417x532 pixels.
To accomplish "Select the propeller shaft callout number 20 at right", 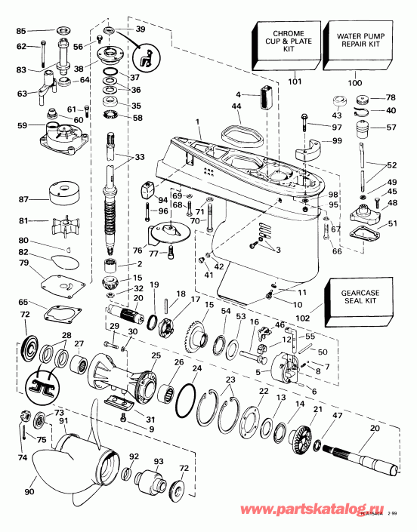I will pyautogui.click(x=375, y=428).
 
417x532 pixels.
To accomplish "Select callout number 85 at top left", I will pyautogui.click(x=20, y=31).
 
